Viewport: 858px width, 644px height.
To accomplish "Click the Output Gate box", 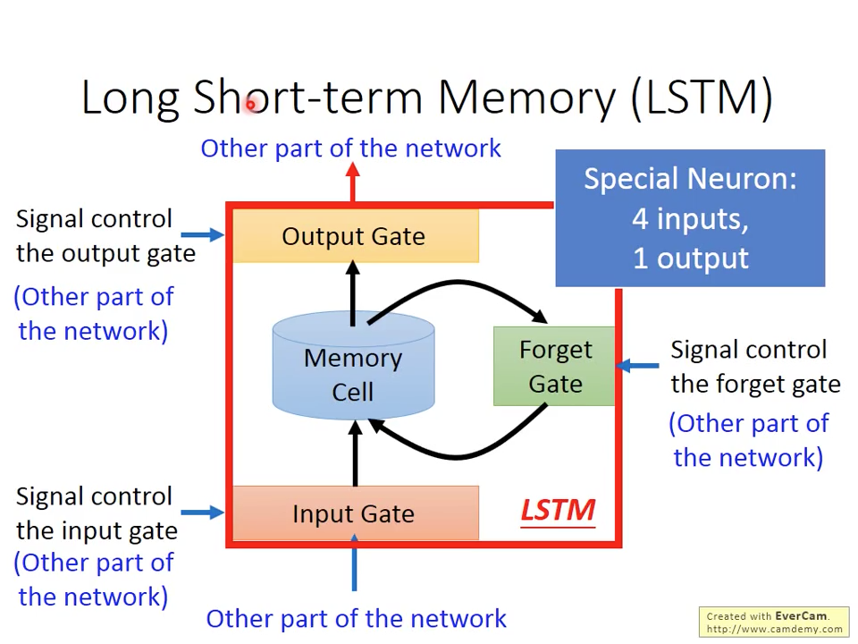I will [354, 236].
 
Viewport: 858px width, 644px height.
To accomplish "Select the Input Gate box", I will [354, 513].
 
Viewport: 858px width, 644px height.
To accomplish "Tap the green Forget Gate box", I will [554, 367].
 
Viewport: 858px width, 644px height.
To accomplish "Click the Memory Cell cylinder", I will [353, 374].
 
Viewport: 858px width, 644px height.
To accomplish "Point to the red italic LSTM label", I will [558, 511].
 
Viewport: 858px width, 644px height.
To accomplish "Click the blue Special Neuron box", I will [690, 218].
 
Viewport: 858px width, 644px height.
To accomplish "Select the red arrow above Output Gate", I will [353, 182].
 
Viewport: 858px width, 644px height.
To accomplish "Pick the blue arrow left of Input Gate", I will [204, 513].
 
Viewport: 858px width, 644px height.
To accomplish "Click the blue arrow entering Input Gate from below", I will [354, 563].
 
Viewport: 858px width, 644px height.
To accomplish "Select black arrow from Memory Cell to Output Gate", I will [353, 292].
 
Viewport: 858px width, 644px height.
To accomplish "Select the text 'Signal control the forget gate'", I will [755, 367].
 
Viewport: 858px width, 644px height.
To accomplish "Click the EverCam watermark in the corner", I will [774, 622].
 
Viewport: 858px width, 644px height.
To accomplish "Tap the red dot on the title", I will [251, 105].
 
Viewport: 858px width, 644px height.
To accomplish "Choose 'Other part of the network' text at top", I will [350, 148].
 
